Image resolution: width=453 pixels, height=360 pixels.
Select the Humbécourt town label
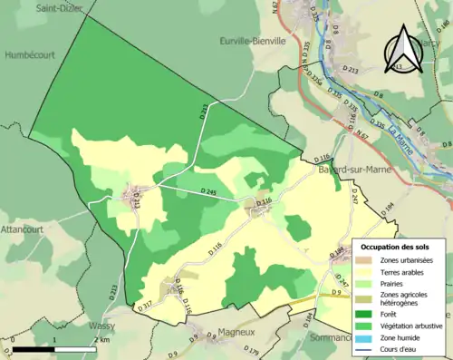(x=29, y=54)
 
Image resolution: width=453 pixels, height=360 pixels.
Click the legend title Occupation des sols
(x=399, y=247)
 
